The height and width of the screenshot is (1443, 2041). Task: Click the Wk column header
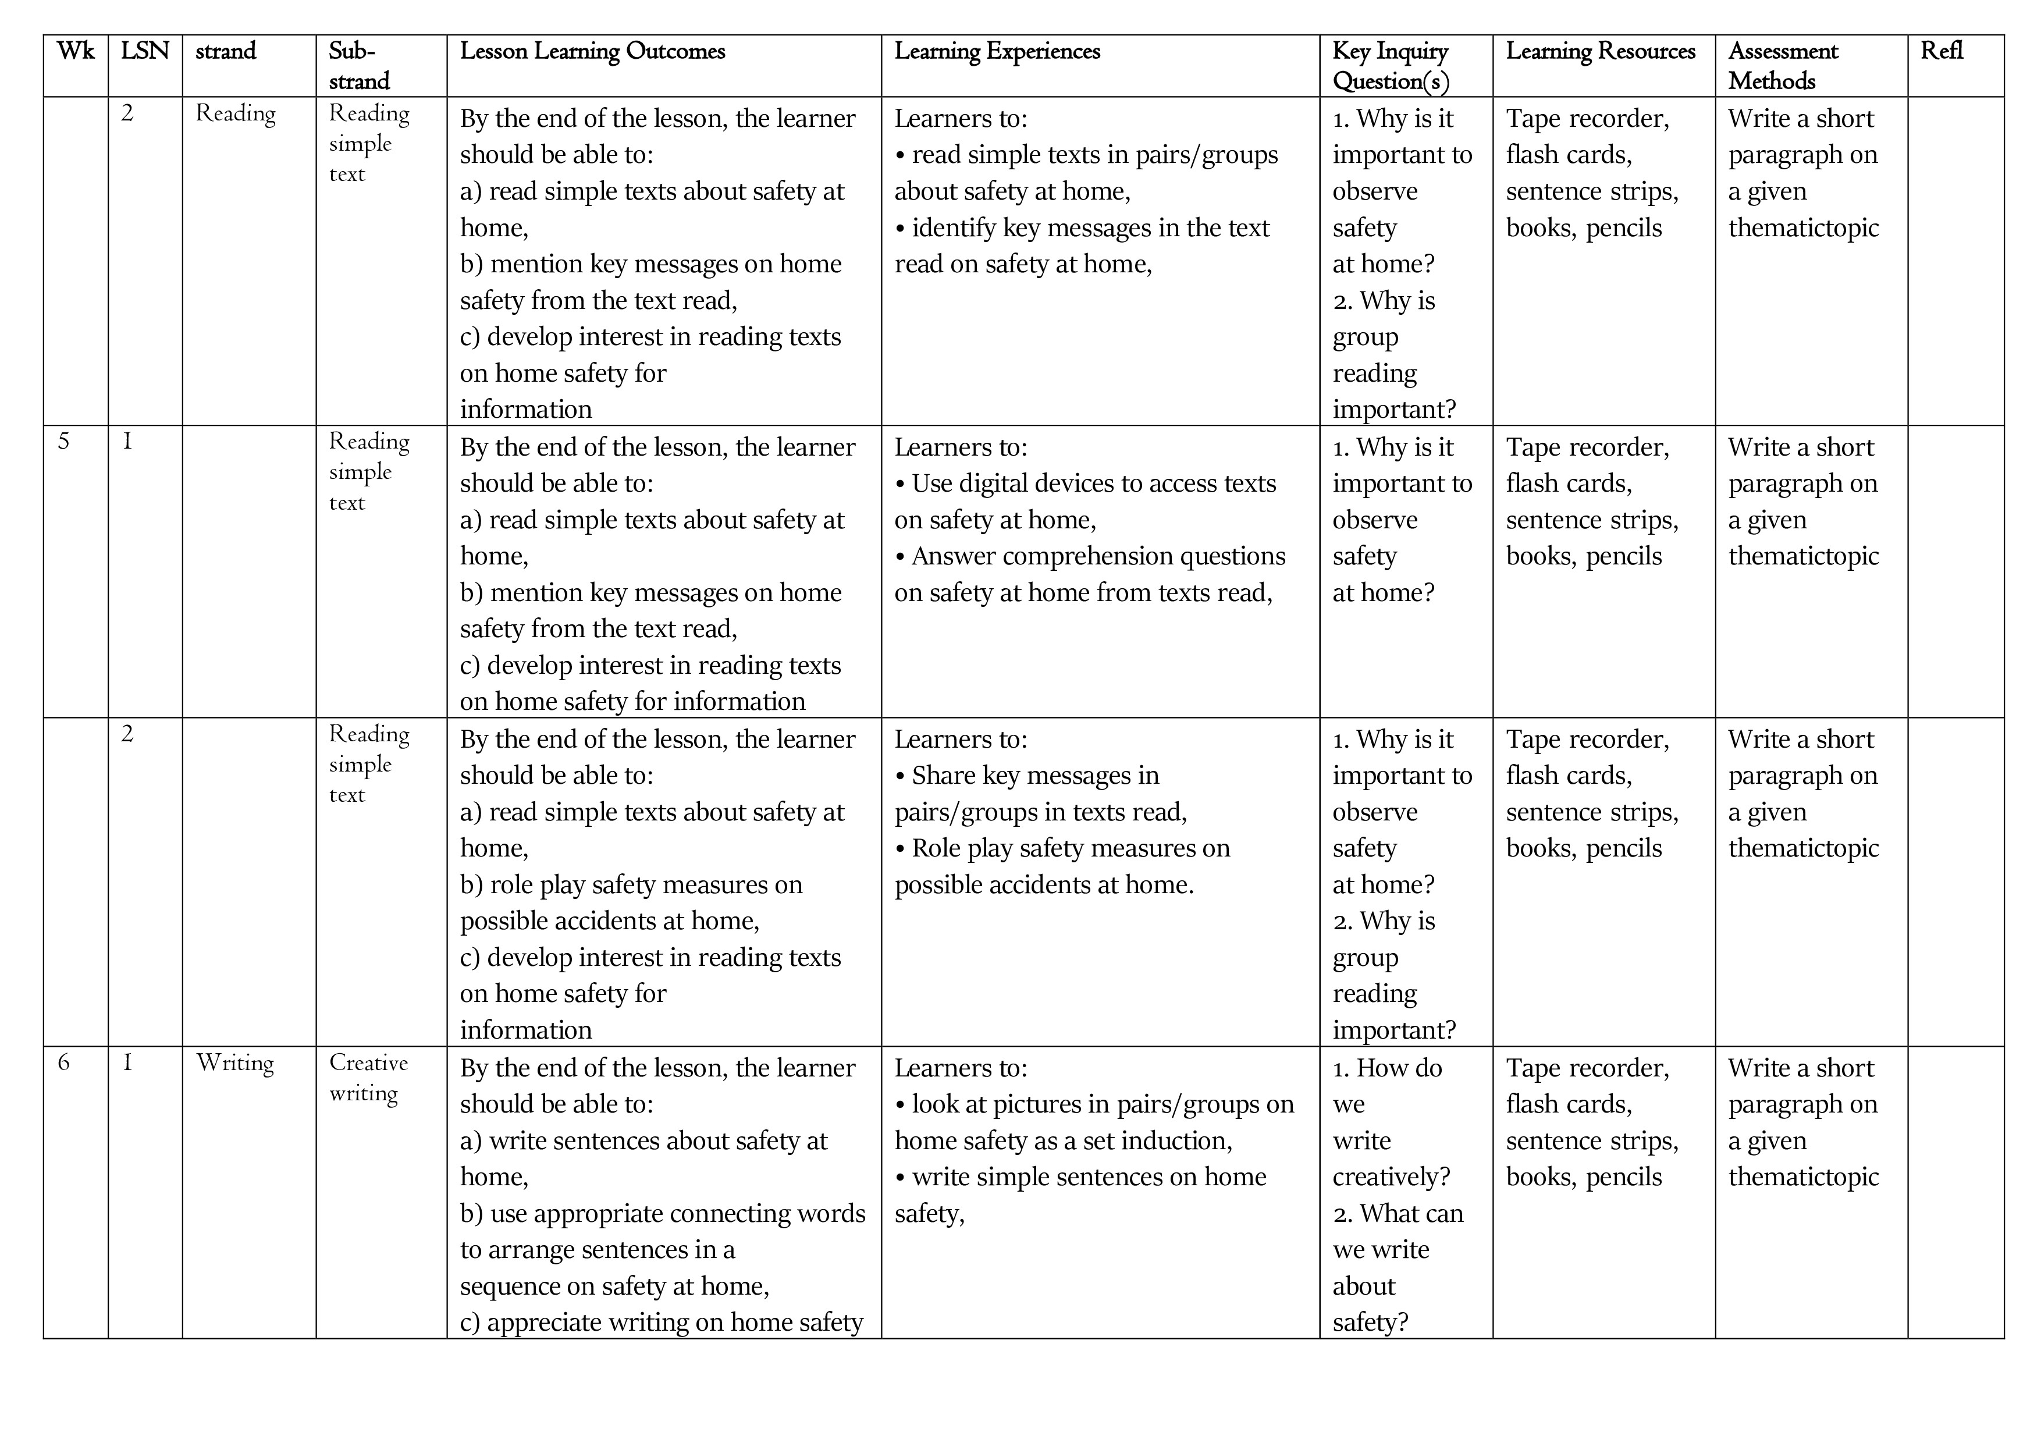76,52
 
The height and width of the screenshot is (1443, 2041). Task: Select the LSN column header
145,52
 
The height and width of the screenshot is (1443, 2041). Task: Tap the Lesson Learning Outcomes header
592,52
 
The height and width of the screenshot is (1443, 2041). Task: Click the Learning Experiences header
997,52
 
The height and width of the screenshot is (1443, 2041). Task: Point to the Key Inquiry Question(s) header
1391,66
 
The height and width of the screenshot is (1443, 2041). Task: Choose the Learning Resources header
1600,52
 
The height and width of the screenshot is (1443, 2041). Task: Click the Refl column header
1942,52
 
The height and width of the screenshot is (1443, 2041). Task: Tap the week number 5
64,442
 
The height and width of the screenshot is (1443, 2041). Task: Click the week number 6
64,1062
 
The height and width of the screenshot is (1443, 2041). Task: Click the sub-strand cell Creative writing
368,1078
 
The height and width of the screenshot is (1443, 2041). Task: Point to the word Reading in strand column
236,114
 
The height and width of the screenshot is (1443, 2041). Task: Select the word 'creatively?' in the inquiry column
1391,1177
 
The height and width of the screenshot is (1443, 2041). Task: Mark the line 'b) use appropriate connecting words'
662,1214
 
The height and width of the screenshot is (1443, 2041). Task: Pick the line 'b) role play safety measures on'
631,884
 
